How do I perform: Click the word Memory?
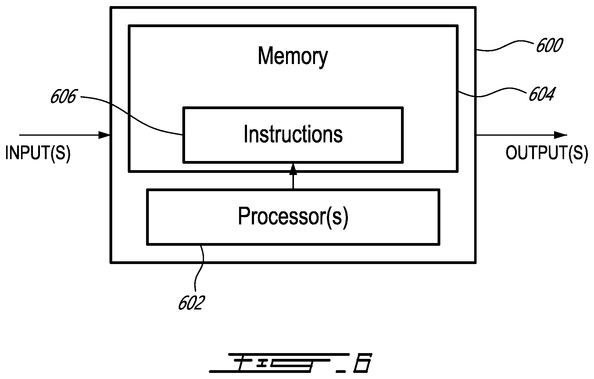(x=293, y=56)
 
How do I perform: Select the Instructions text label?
(x=293, y=134)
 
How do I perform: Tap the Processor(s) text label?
(x=293, y=216)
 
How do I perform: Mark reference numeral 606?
(x=63, y=97)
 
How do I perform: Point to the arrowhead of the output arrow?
(x=561, y=135)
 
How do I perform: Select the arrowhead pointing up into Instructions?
(x=293, y=169)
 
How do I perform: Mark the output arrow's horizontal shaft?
(x=515, y=135)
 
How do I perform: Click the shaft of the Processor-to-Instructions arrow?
(x=293, y=182)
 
